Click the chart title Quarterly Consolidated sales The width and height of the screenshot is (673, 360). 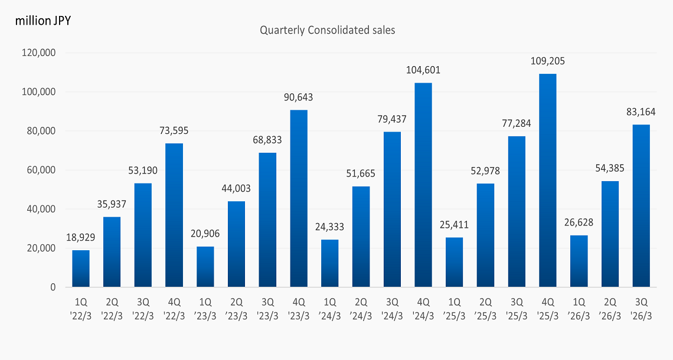pos(327,30)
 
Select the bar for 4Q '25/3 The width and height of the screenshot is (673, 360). pos(547,181)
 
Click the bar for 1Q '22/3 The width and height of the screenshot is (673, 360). pos(81,269)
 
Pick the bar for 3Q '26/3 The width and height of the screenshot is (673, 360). pos(641,206)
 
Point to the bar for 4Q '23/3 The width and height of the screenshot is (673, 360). pos(299,199)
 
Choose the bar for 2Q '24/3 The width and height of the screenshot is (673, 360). pos(361,237)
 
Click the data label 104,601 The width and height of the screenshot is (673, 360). pos(423,70)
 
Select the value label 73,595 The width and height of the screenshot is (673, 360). pos(174,130)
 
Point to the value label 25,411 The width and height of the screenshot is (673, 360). pos(455,225)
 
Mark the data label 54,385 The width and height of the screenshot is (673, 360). pos(609,168)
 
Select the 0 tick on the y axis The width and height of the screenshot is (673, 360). pos(53,287)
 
